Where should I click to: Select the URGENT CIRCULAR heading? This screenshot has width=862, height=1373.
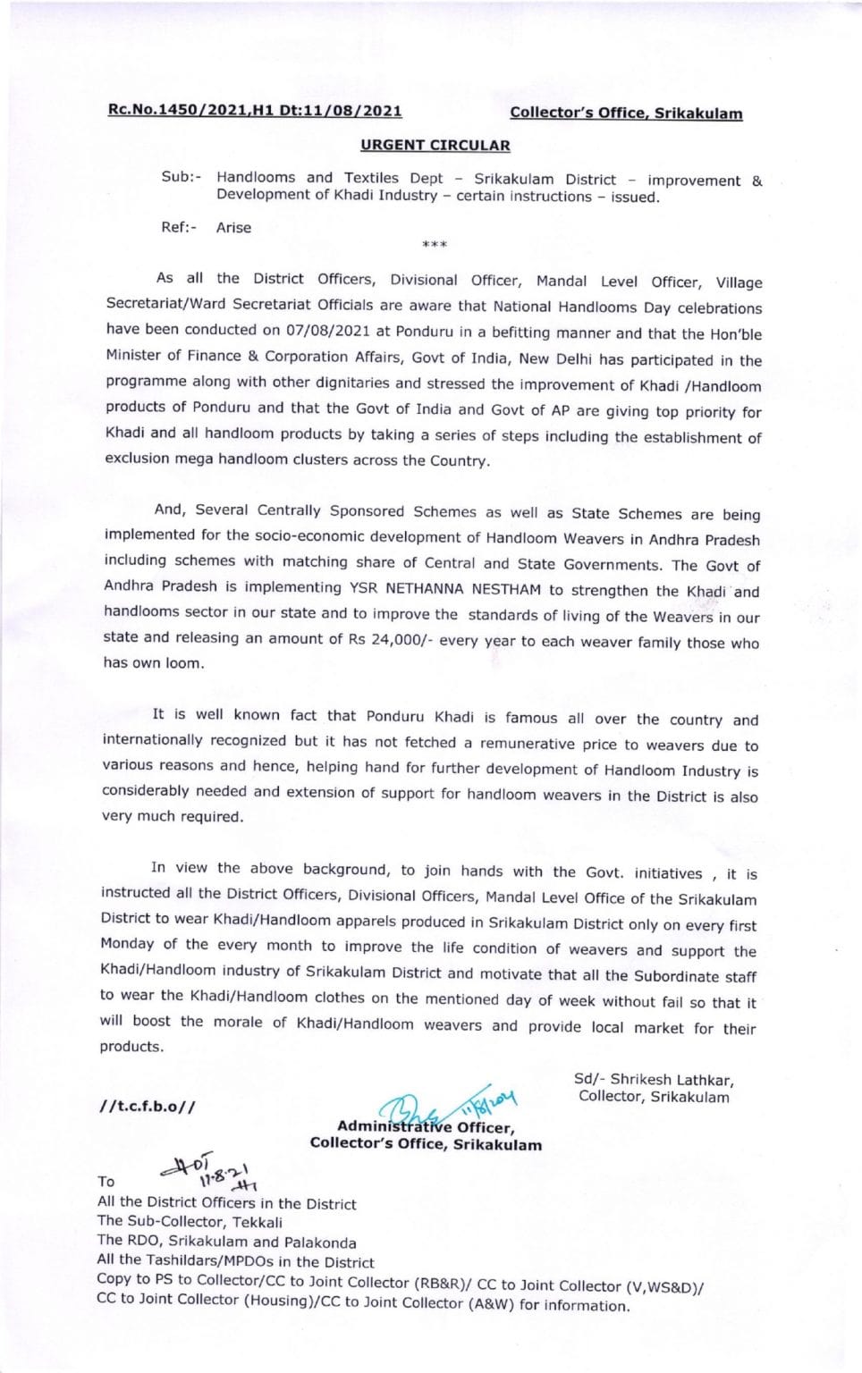(435, 145)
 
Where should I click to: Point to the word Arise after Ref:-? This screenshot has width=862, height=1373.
(233, 228)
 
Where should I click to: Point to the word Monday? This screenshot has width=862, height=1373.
(127, 944)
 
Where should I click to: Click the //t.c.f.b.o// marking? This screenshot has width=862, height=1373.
(148, 1107)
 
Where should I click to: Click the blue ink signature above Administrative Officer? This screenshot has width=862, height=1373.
(447, 1105)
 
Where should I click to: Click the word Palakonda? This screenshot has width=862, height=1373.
(320, 1242)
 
